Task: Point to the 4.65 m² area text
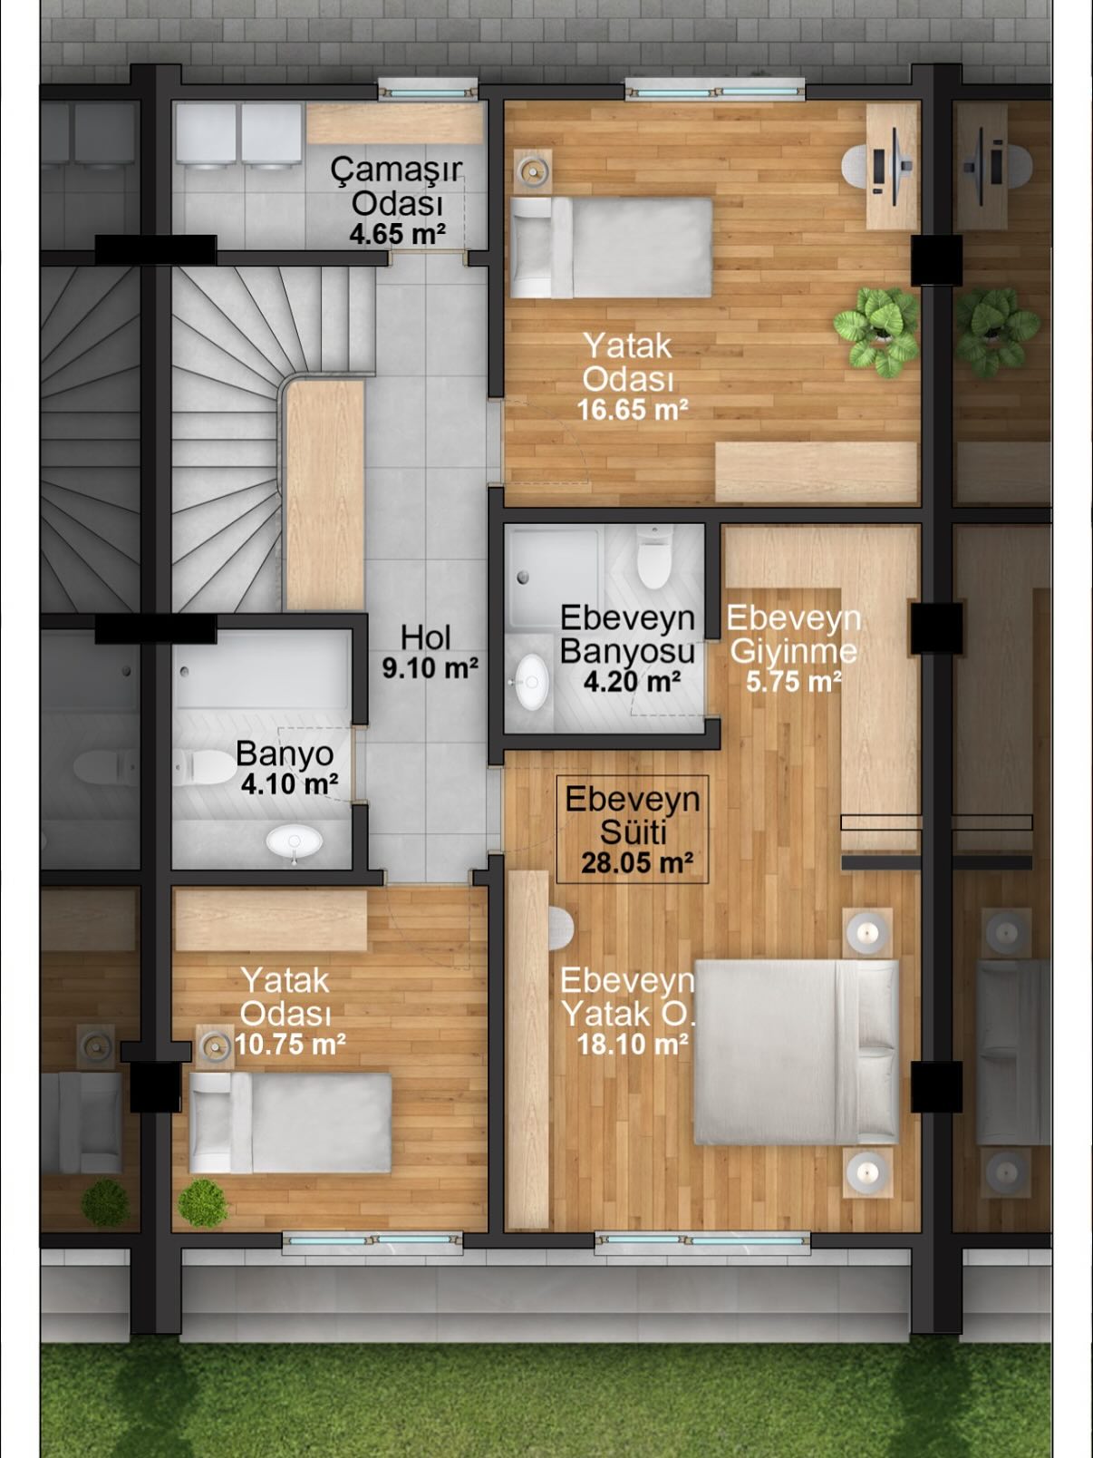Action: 397,234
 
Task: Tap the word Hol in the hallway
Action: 425,637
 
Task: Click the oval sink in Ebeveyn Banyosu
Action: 532,682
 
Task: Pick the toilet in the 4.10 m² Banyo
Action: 205,767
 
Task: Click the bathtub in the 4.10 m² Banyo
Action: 262,670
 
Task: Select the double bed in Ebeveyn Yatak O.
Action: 797,1052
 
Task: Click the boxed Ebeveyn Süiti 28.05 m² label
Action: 633,830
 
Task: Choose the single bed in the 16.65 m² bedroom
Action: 611,248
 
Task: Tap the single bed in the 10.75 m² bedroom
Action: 291,1123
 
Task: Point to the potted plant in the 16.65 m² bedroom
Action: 876,332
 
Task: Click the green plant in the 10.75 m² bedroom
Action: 202,1202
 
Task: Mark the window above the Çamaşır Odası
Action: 428,91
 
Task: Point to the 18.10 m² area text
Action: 632,1045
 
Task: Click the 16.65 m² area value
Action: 632,410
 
